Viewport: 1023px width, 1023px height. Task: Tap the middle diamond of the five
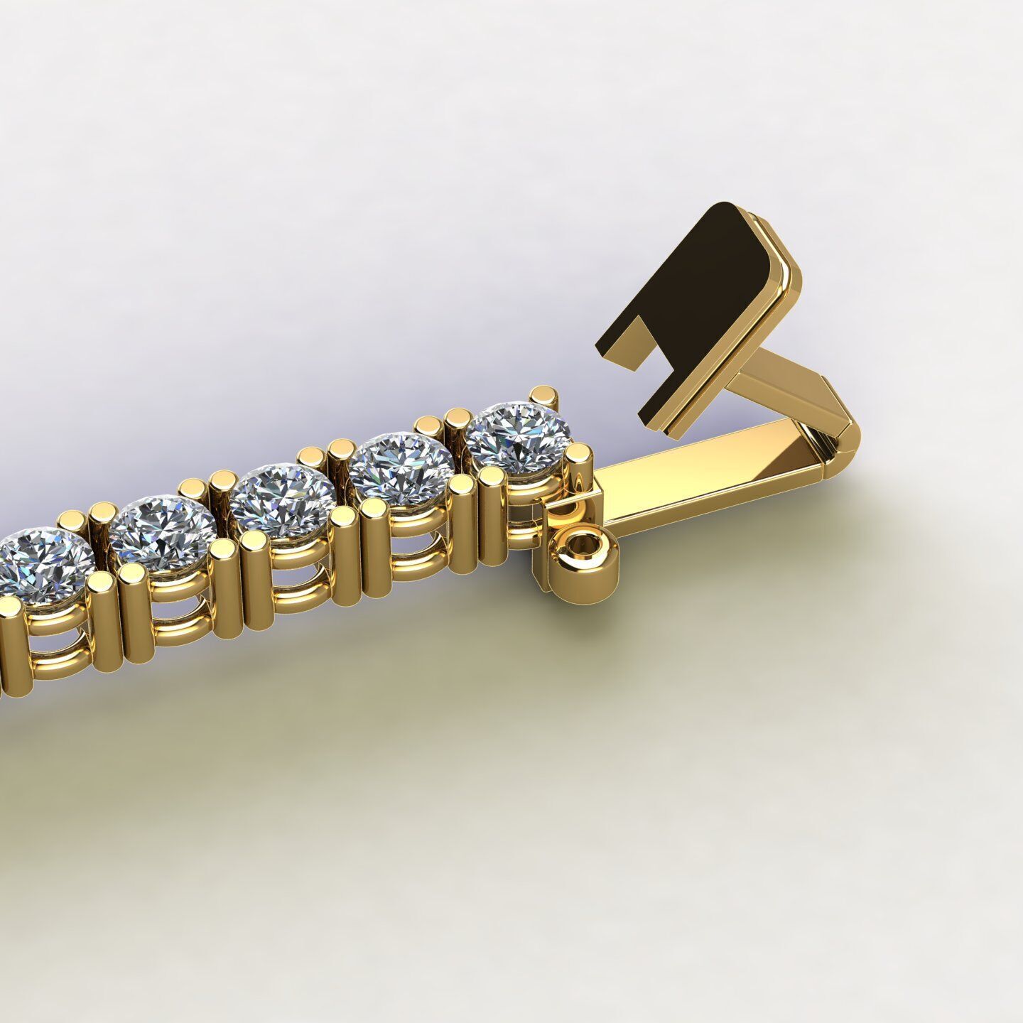tap(283, 499)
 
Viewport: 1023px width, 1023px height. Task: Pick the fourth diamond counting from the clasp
tap(163, 533)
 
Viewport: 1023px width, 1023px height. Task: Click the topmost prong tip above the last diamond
tap(546, 395)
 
